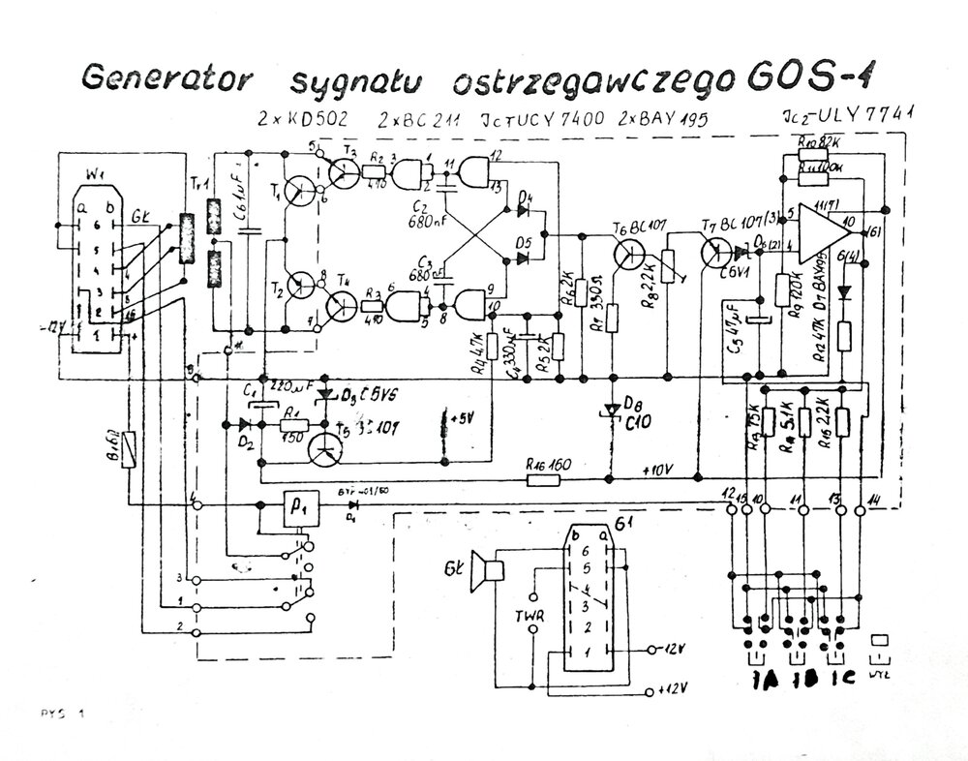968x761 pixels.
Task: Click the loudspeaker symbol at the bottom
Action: (x=487, y=569)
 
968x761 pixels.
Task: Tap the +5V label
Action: (x=463, y=417)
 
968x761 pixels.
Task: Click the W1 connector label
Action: (x=94, y=176)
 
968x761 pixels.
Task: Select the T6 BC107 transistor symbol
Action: (x=628, y=254)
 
